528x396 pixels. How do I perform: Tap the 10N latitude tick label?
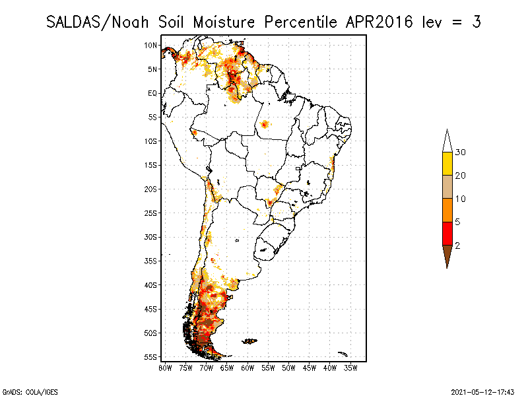click(151, 46)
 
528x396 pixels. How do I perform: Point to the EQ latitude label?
click(152, 94)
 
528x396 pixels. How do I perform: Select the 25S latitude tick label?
click(151, 213)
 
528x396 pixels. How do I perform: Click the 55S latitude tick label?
click(151, 357)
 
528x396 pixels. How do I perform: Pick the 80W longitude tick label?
click(165, 367)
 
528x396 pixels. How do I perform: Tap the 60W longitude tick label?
click(247, 367)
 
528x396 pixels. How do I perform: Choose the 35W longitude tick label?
click(350, 367)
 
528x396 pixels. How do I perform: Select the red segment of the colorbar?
click(447, 233)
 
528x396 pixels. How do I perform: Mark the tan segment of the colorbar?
click(447, 187)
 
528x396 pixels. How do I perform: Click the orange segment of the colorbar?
click(447, 210)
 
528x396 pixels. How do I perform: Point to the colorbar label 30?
click(461, 152)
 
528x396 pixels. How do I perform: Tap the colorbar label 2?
click(458, 245)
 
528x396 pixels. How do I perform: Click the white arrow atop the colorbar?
click(447, 141)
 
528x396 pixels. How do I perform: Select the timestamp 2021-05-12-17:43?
click(482, 391)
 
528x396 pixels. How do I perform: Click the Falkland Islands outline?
click(249, 341)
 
